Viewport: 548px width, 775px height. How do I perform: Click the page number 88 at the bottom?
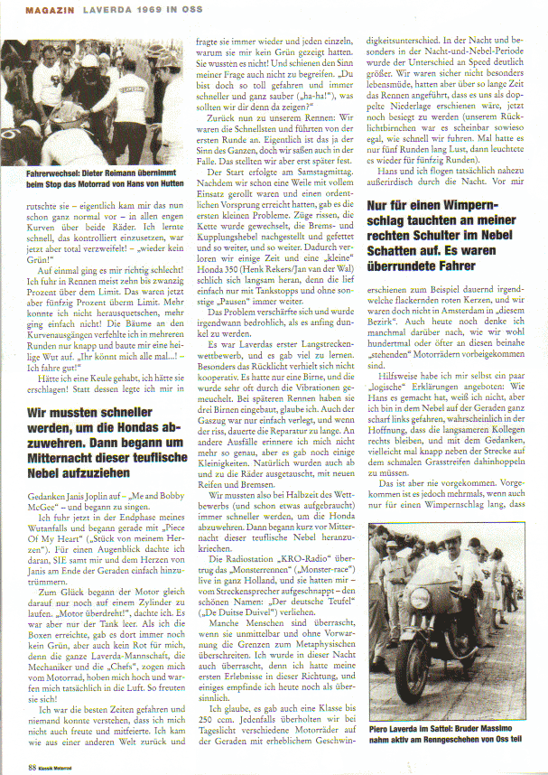(32, 766)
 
